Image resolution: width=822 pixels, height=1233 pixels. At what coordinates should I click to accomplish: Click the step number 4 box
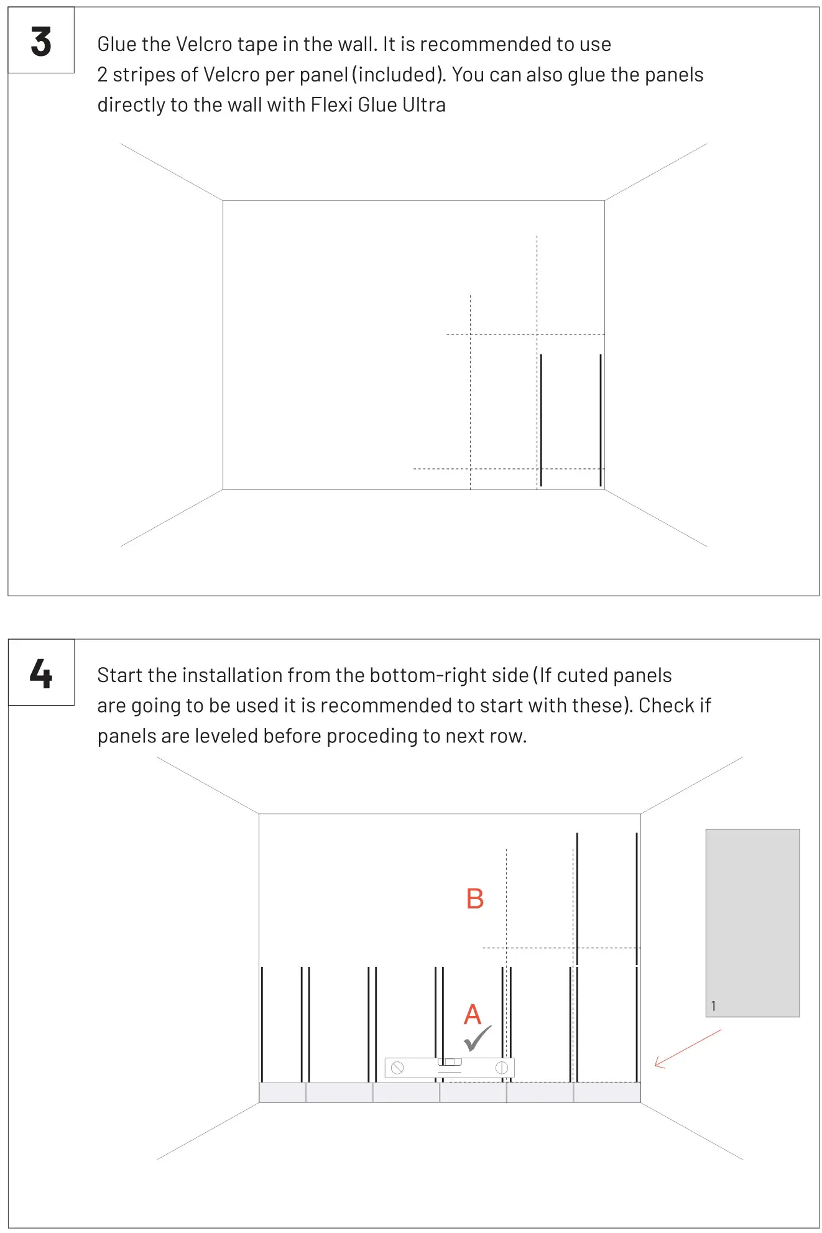coord(41,673)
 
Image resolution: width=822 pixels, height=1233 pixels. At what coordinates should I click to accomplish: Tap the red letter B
coord(474,899)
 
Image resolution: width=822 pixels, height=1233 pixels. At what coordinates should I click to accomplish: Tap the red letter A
coord(473,1015)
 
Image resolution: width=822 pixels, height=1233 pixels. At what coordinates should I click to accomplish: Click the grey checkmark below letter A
coord(478,1039)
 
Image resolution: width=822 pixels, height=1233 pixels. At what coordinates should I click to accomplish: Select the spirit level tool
coord(449,1068)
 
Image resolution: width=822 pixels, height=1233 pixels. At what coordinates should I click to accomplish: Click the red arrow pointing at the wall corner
coord(687,1049)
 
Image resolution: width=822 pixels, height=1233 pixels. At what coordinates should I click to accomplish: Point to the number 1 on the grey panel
coord(713,1006)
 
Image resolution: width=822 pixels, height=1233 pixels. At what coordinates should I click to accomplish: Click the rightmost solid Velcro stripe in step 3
coord(601,420)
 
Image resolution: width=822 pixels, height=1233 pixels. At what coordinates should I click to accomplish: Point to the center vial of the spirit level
coord(450,1062)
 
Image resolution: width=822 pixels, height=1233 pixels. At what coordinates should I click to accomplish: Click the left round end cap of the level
coord(397,1068)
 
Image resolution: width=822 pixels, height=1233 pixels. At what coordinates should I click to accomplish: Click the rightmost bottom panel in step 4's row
coord(607,1092)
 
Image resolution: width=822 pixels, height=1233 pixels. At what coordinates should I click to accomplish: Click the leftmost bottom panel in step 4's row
coord(282,1092)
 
